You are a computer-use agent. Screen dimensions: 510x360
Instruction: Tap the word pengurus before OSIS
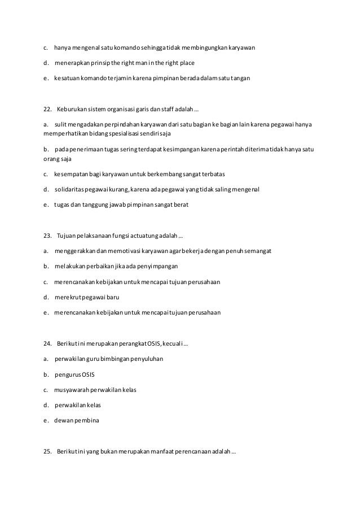[x=68, y=374]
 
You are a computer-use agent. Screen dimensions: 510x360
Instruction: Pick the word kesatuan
[x=68, y=79]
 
